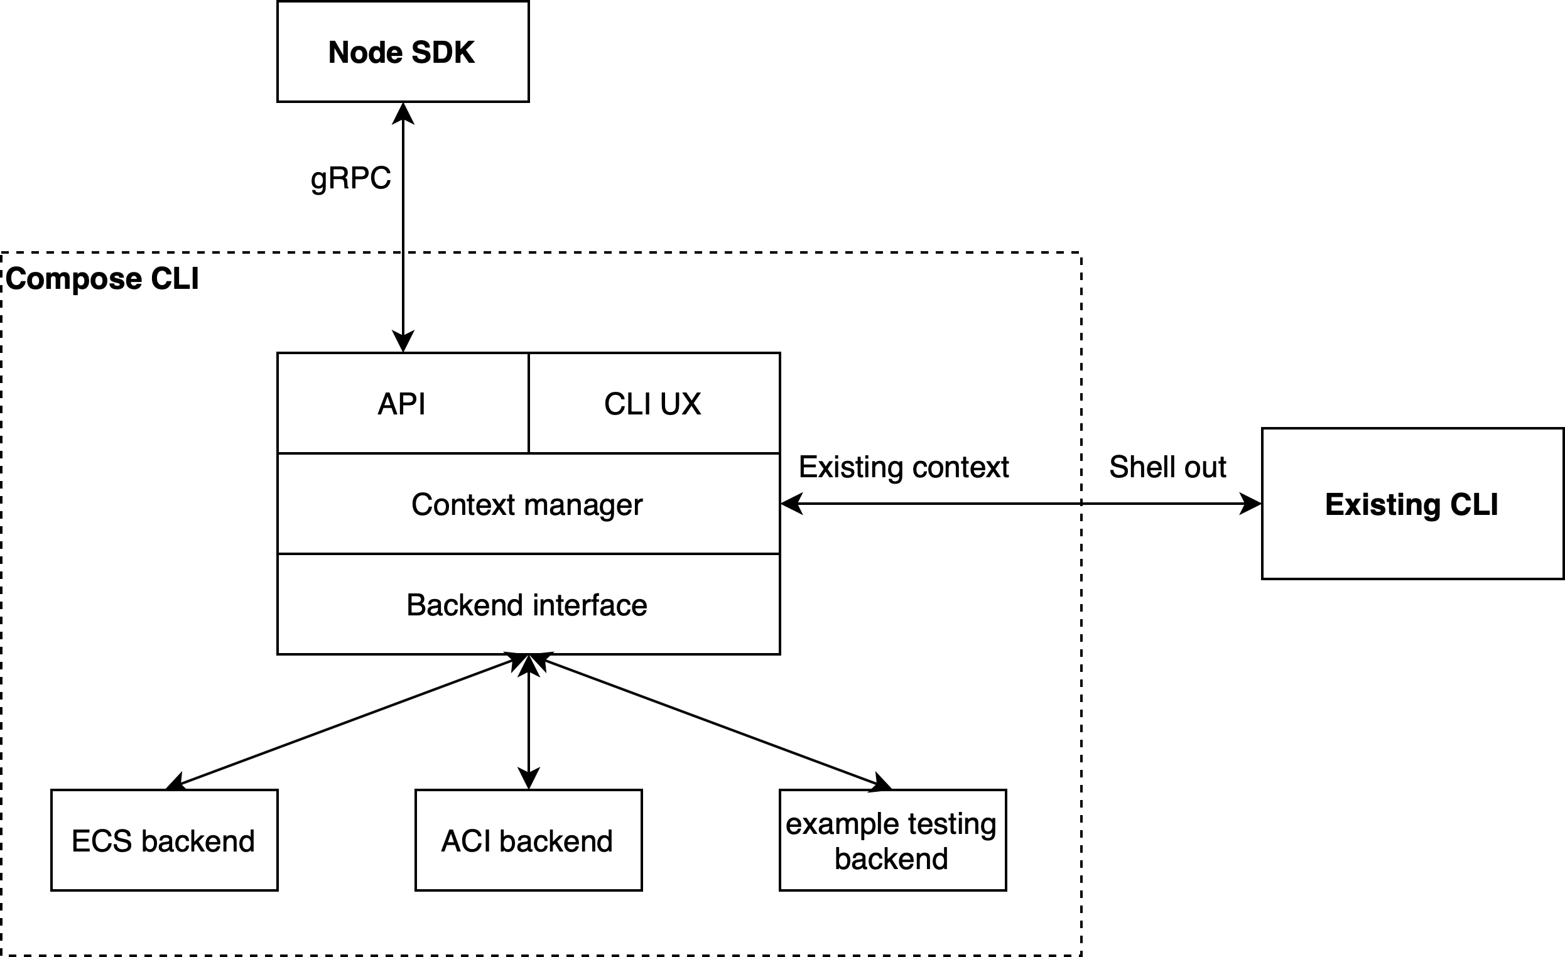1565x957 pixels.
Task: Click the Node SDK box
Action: (403, 51)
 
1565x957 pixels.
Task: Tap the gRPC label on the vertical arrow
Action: (350, 178)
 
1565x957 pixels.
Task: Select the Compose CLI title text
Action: (102, 279)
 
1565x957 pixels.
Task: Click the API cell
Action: (402, 404)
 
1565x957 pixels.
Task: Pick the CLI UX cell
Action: (653, 404)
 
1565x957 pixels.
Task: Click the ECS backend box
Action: (164, 841)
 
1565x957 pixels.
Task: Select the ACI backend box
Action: (528, 841)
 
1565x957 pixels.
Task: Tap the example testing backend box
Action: (892, 841)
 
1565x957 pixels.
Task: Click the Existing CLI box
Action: (1411, 504)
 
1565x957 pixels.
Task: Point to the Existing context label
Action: (903, 467)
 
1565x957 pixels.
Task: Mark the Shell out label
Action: (1167, 467)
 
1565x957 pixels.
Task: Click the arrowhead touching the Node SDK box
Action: (403, 113)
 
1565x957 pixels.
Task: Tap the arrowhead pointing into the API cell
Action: (403, 342)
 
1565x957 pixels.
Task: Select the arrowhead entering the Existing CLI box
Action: (1250, 504)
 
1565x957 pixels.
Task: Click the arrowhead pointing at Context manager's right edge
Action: (791, 504)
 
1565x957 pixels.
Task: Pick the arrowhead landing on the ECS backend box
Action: (175, 783)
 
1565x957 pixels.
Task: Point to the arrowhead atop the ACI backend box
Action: (528, 779)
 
